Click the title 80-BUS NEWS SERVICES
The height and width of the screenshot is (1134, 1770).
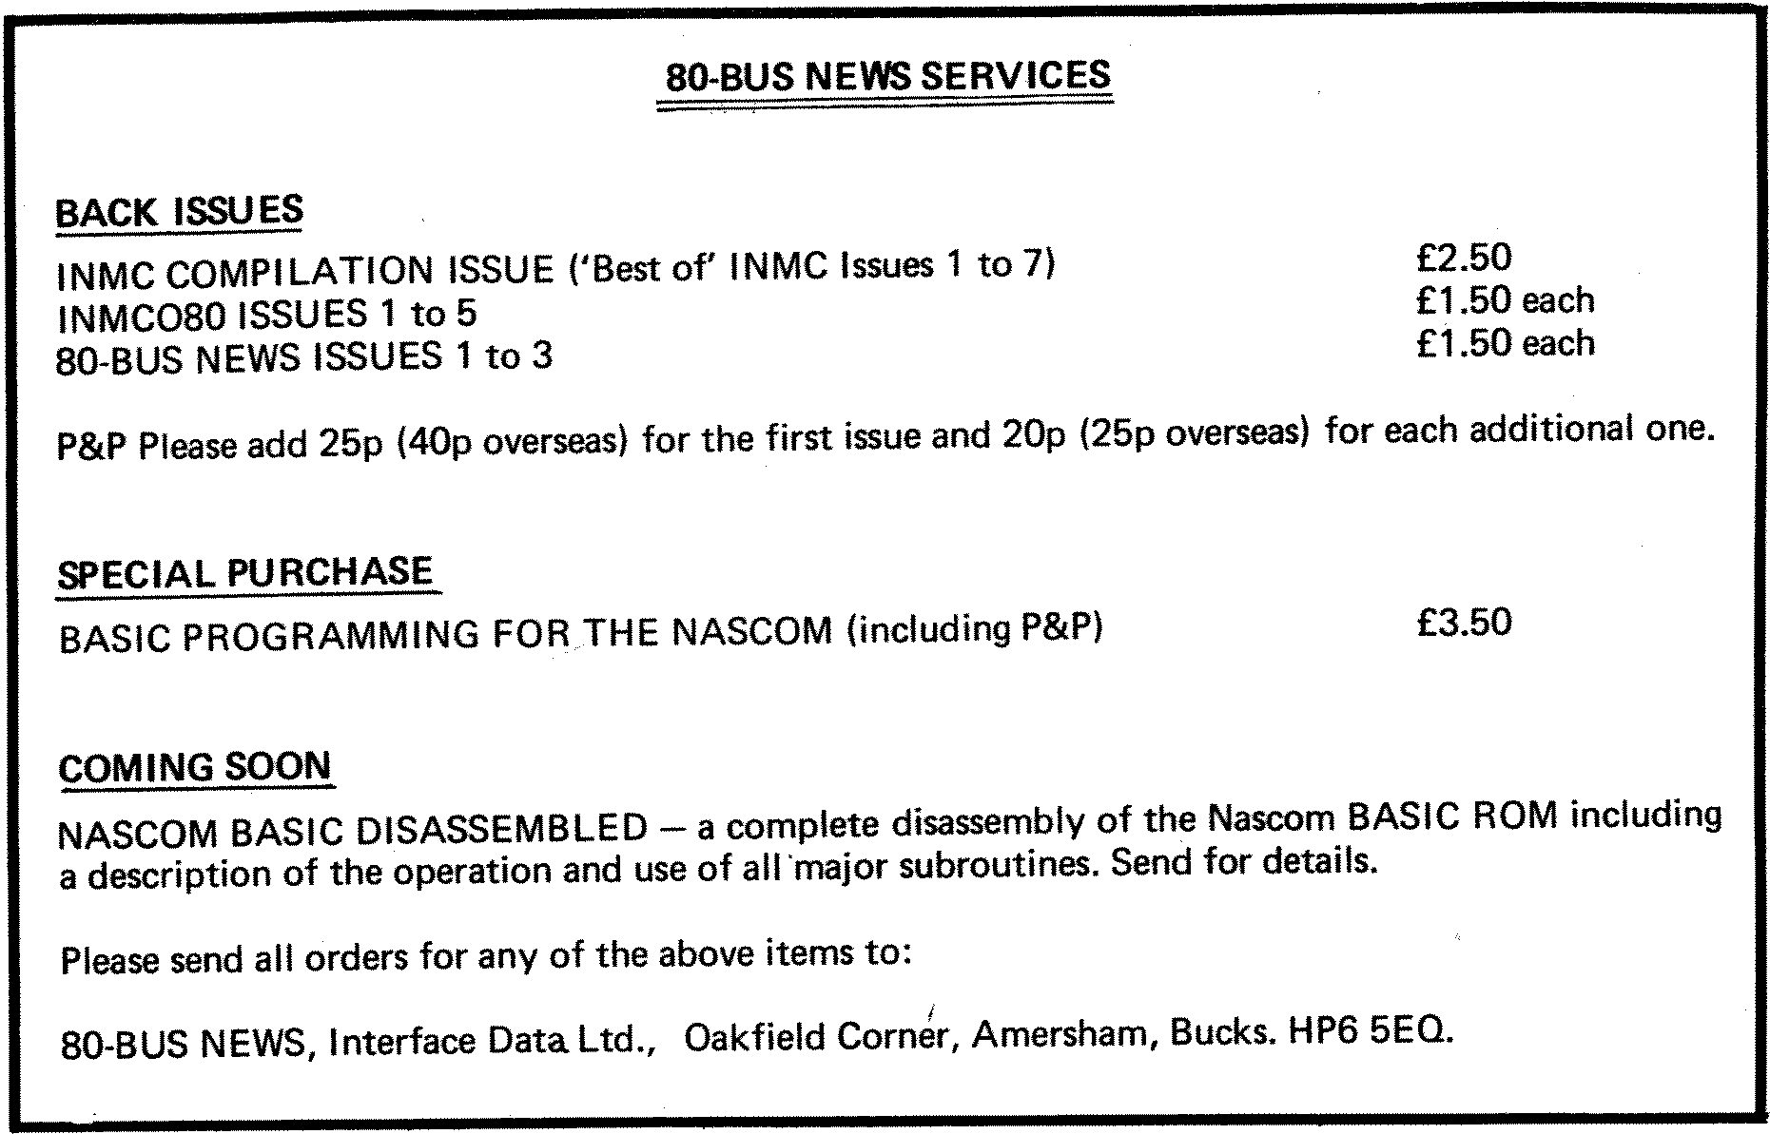[887, 76]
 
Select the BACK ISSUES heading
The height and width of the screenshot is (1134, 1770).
[179, 211]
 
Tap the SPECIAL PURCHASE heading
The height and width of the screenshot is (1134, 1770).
[245, 573]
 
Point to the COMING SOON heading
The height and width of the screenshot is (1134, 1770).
[195, 767]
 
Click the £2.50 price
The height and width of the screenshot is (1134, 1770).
[1463, 258]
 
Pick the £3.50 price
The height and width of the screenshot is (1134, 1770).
[1463, 623]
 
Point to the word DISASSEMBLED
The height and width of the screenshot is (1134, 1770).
[501, 830]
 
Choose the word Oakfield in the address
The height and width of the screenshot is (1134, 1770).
[752, 1038]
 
